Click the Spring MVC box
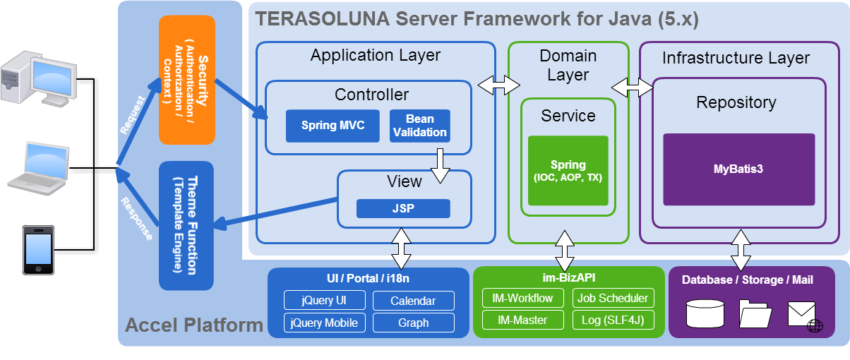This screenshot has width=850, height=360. [333, 126]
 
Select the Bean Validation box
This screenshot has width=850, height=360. [419, 126]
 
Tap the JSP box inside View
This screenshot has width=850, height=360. [402, 209]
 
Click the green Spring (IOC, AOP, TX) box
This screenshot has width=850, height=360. [568, 170]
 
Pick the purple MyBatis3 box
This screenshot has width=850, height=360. [738, 169]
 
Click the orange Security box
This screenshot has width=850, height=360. [187, 79]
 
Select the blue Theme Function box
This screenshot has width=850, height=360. [187, 225]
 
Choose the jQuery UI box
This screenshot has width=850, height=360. [325, 300]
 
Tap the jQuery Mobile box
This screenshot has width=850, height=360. [325, 323]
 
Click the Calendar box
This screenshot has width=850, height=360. [413, 301]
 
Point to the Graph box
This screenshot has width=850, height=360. [413, 323]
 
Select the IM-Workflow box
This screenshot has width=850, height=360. [523, 298]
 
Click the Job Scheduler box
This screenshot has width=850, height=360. [613, 298]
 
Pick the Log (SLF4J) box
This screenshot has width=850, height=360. [613, 320]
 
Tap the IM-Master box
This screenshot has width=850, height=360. [523, 320]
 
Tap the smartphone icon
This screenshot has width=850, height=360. [38, 250]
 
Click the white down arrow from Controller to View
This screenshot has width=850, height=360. [441, 166]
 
